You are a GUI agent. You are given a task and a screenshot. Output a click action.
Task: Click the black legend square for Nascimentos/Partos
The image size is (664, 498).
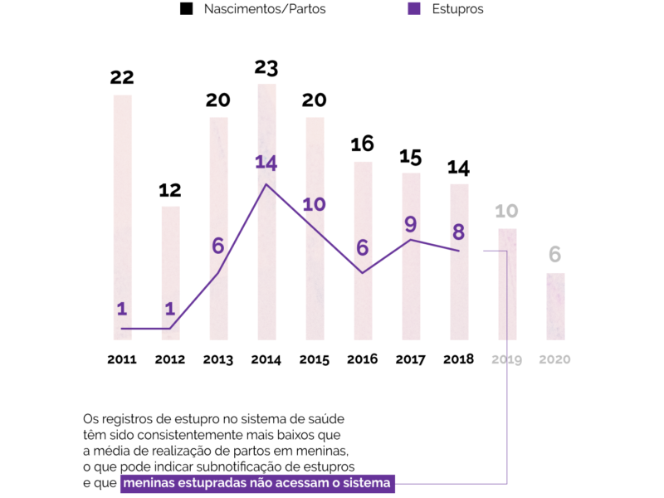187,9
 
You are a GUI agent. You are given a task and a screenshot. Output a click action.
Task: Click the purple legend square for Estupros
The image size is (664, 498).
413,9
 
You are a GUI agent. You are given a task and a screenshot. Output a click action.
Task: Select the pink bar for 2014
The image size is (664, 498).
266,249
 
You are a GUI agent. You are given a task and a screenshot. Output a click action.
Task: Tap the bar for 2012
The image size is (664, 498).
170,274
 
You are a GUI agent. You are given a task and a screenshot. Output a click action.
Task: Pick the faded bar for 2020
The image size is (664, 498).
555,307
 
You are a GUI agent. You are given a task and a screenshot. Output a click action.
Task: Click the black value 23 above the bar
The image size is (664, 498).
266,67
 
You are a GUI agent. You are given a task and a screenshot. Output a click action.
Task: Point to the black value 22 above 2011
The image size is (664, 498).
122,77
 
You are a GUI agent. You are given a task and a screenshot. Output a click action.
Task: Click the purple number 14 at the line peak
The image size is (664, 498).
266,163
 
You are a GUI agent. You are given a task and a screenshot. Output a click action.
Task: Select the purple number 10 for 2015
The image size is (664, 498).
314,203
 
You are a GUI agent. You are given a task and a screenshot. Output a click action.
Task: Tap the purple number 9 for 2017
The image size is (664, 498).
410,223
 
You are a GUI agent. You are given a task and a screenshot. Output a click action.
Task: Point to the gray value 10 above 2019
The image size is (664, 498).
506,211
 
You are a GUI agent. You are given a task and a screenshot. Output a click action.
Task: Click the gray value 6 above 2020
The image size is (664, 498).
555,256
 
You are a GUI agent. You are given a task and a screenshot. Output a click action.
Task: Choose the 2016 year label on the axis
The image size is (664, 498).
362,359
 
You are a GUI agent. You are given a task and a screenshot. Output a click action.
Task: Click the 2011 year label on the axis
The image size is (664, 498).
122,359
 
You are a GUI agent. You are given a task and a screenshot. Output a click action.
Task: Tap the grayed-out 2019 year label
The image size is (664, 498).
506,359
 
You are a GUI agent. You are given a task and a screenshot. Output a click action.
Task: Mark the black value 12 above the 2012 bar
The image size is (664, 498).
170,190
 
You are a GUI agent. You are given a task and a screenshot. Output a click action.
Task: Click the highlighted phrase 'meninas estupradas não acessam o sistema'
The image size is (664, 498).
257,483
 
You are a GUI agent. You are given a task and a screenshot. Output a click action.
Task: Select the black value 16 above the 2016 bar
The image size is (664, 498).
362,144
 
